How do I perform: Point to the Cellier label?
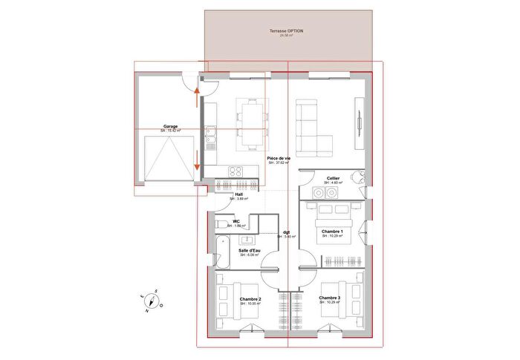pos(334,178)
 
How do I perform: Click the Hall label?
pos(239,194)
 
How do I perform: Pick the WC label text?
pos(236,221)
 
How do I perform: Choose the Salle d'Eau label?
pos(249,251)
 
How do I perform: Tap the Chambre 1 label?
pos(332,232)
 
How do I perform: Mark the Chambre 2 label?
pos(250,299)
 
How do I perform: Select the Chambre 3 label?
pos(330,298)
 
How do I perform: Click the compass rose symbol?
pos(152,301)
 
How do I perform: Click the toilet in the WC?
pos(221,223)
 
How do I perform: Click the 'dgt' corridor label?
pos(286,232)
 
